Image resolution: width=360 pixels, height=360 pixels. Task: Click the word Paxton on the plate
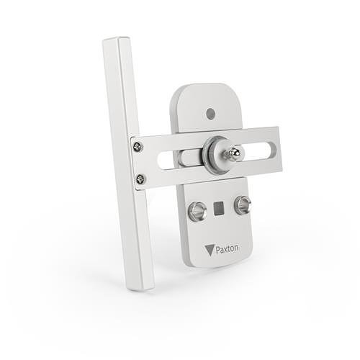click(225, 248)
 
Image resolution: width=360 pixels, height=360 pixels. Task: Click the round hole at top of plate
click(210, 113)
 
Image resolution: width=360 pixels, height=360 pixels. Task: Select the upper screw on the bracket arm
click(138, 147)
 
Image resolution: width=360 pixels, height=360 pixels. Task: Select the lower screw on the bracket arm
click(140, 179)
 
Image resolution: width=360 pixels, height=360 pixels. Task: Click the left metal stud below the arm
click(196, 211)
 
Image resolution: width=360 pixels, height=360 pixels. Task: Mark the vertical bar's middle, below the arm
click(135, 230)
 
